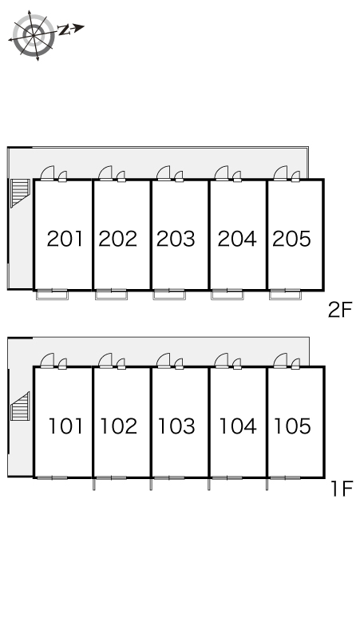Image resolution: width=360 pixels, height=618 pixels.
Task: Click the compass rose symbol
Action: [34, 35]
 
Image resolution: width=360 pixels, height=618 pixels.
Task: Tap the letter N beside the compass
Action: [64, 30]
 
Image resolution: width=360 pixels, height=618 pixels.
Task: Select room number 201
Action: [65, 239]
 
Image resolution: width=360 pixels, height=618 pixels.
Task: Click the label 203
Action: [176, 239]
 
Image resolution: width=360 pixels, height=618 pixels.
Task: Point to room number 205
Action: [291, 239]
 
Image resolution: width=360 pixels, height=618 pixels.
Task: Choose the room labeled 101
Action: [65, 426]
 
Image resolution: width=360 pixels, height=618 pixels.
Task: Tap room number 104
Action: [238, 426]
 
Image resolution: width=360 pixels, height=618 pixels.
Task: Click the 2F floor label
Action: [340, 310]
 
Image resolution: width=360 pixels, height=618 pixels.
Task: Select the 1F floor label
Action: [342, 489]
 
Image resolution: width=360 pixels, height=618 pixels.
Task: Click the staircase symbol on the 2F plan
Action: [20, 192]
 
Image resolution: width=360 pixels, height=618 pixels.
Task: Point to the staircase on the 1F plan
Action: [20, 406]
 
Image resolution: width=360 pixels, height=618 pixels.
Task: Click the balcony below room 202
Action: [111, 295]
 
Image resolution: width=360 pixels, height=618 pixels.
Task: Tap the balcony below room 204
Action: [227, 295]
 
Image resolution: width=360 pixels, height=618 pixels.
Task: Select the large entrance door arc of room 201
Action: [47, 172]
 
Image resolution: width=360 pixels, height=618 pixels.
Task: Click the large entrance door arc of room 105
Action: [280, 360]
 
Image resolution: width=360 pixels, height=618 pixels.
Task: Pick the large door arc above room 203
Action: [163, 172]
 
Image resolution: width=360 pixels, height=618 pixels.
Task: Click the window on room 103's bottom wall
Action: [169, 477]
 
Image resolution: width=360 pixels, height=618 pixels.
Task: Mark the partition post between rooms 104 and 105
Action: [267, 484]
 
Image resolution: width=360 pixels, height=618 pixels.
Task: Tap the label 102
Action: [119, 426]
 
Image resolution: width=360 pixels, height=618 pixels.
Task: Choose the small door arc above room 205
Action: [296, 176]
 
